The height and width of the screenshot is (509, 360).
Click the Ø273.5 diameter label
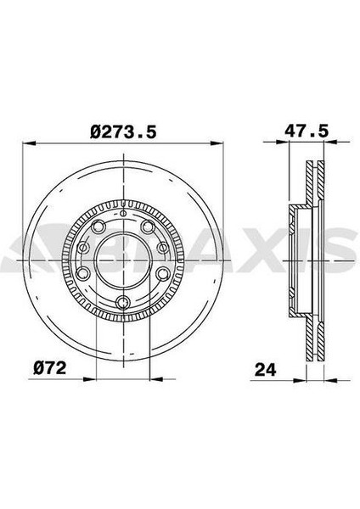[x=123, y=132]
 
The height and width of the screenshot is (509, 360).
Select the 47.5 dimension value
[x=307, y=131]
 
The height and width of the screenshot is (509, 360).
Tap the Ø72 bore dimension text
[x=50, y=368]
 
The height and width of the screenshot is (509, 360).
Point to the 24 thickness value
[x=266, y=369]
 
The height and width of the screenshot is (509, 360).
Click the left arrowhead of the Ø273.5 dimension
[x=28, y=143]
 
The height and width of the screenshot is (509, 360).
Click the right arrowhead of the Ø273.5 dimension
[x=217, y=143]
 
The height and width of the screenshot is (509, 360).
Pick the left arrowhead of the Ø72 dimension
[x=90, y=378]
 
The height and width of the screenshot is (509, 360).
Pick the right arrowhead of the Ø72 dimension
[x=156, y=378]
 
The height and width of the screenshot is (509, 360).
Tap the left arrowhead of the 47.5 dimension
[x=283, y=142]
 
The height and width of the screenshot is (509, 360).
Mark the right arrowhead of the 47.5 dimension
[x=331, y=142]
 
